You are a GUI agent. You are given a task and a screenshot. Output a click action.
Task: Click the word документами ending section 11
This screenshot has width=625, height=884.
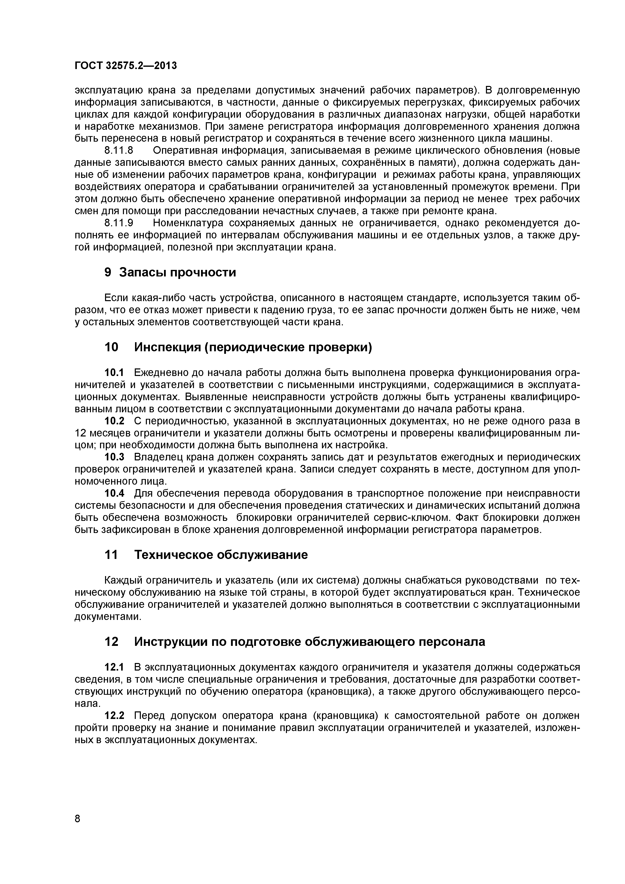click(107, 617)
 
